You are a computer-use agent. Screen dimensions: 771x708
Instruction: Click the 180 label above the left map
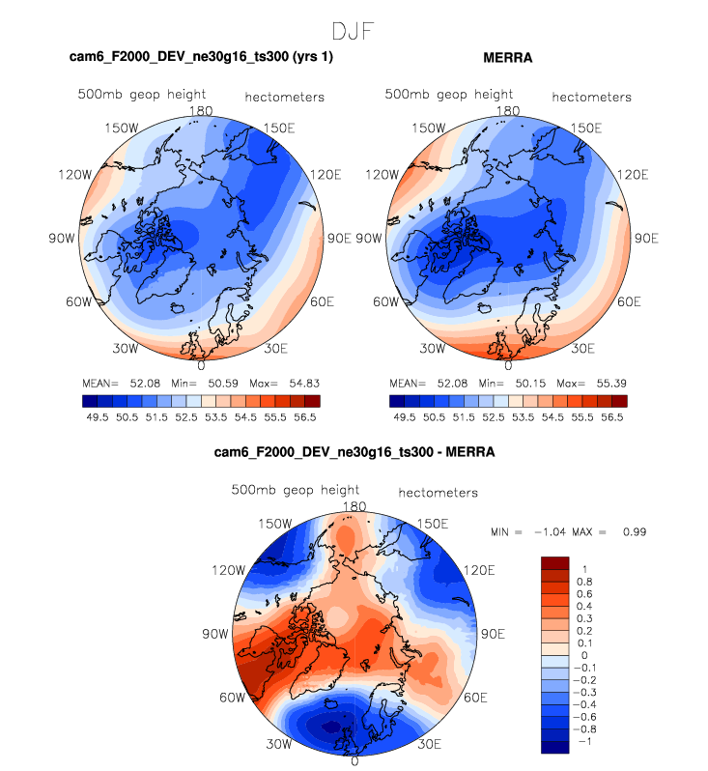[x=201, y=111]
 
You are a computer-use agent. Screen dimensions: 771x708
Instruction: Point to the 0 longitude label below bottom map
[x=355, y=760]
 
